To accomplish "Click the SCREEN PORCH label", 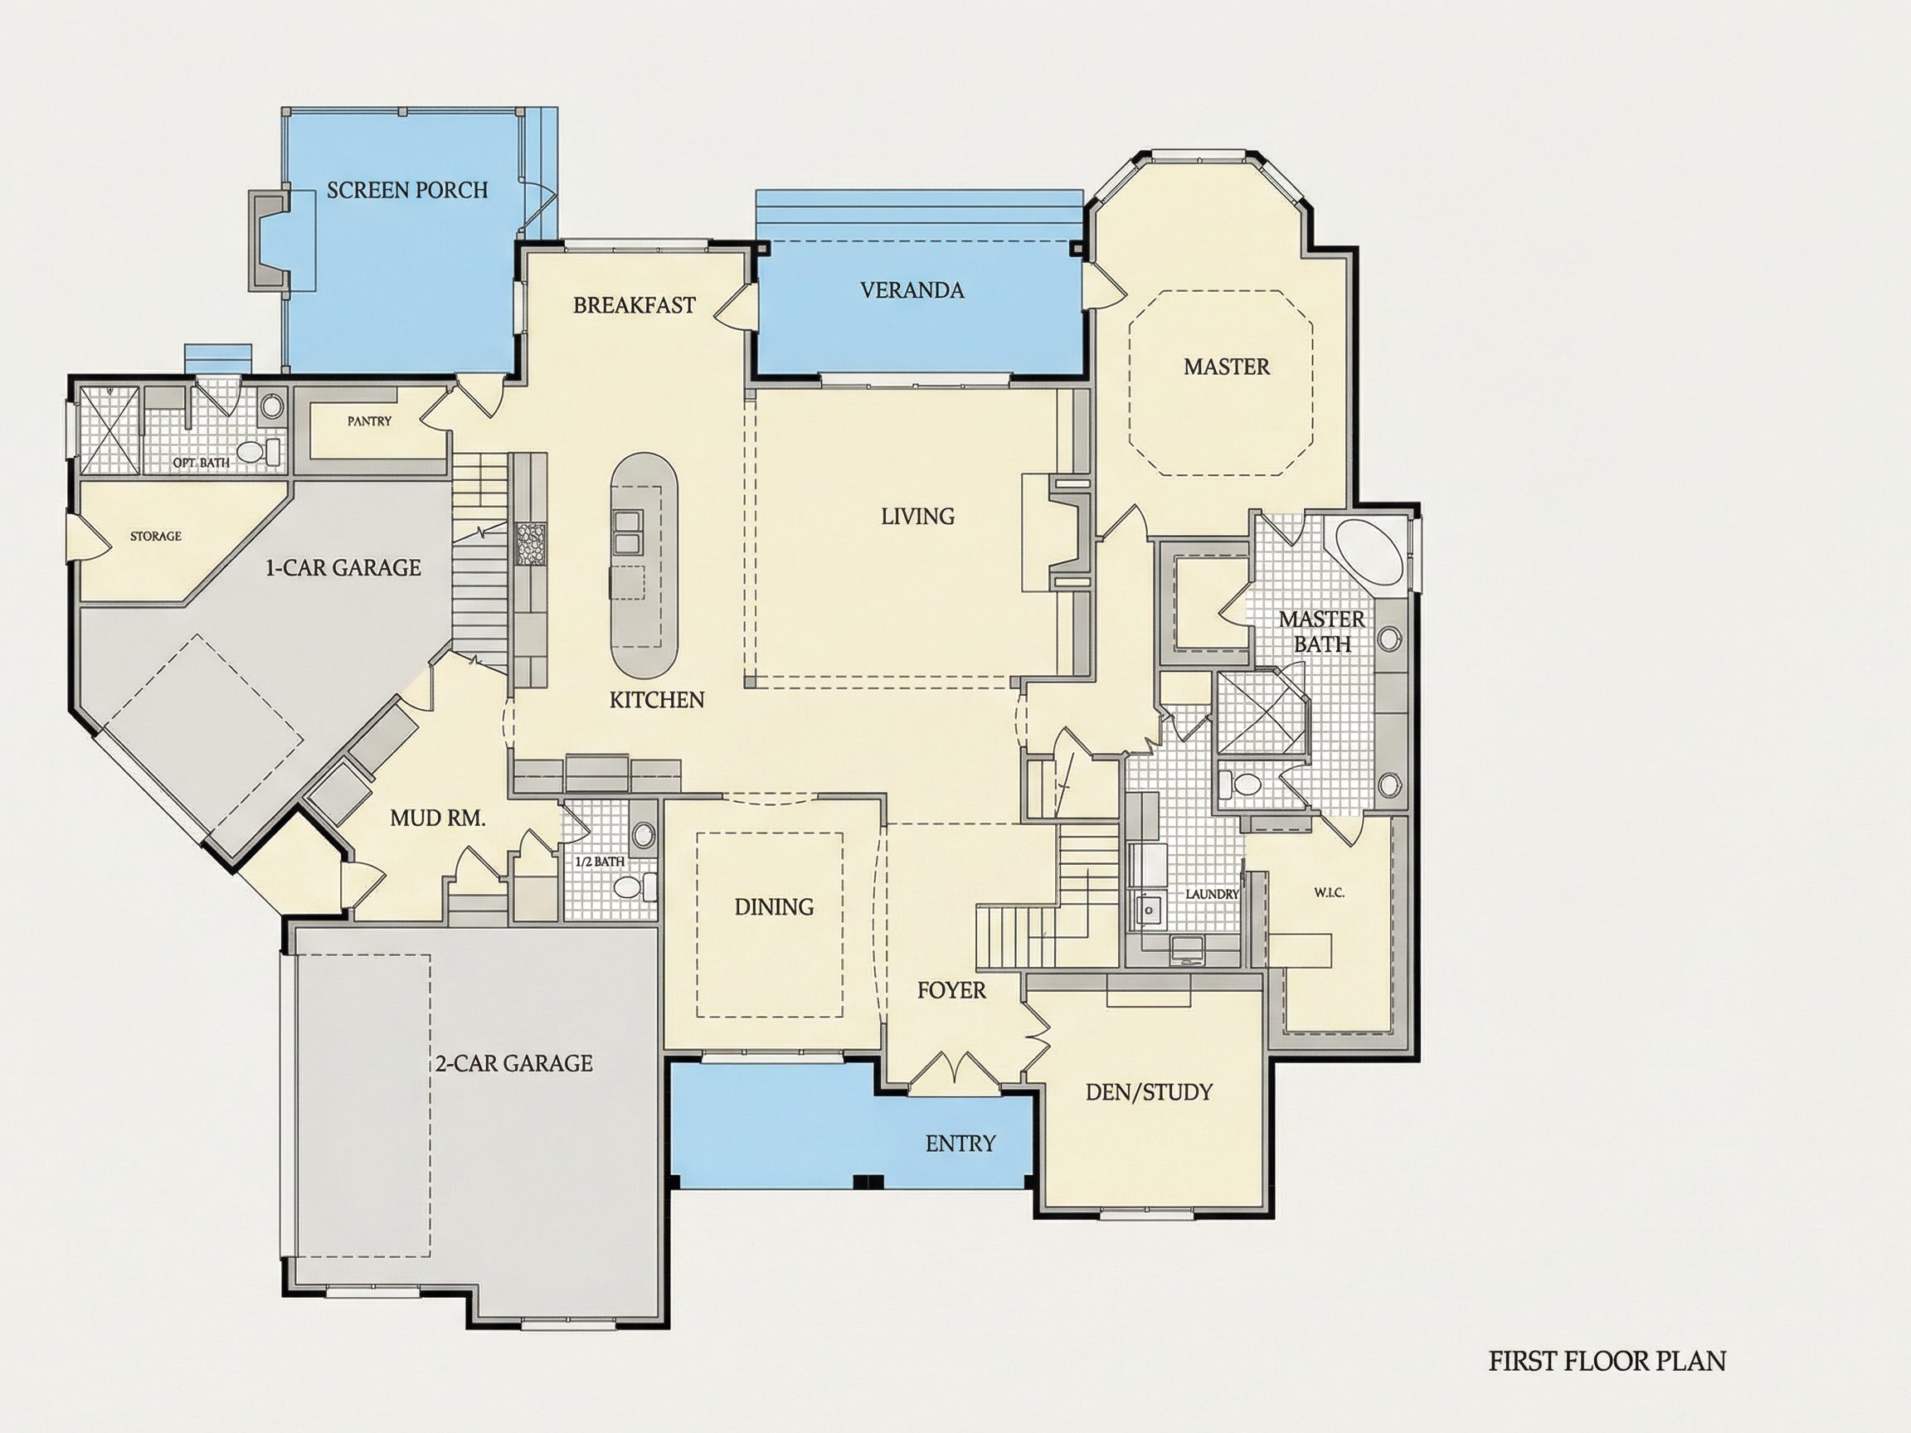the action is tap(407, 190).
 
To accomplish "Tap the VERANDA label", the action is tap(912, 290).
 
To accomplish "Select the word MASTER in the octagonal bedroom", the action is tap(1227, 367).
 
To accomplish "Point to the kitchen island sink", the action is tap(627, 531).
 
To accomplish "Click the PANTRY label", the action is tap(370, 421).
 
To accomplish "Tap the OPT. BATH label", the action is tap(202, 463).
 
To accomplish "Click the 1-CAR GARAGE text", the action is tap(343, 567).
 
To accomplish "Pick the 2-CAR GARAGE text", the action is tap(514, 1063).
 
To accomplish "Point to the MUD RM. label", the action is tap(438, 818).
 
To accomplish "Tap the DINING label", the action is tap(774, 907).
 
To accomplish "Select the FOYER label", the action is tap(951, 991).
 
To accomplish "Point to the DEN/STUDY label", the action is tap(1149, 1093).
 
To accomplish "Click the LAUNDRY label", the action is tap(1212, 894).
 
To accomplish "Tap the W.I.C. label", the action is tap(1329, 892).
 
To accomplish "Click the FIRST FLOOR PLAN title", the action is tap(1607, 1362).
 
